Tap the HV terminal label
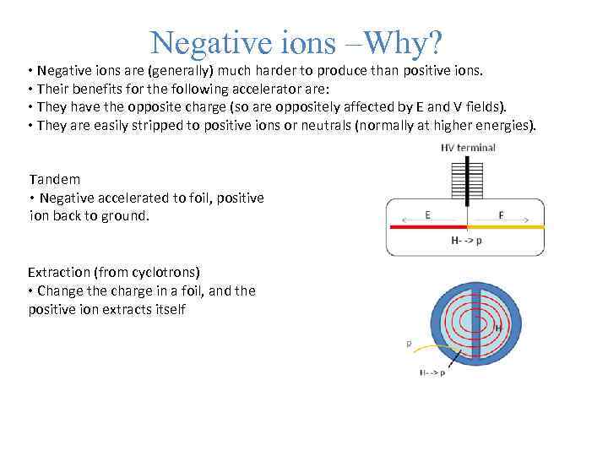point(468,148)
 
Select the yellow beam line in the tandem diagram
point(506,227)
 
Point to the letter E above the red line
point(427,214)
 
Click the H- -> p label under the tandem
point(468,241)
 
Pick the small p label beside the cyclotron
point(409,344)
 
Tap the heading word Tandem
point(55,179)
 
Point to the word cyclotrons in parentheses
point(164,272)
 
